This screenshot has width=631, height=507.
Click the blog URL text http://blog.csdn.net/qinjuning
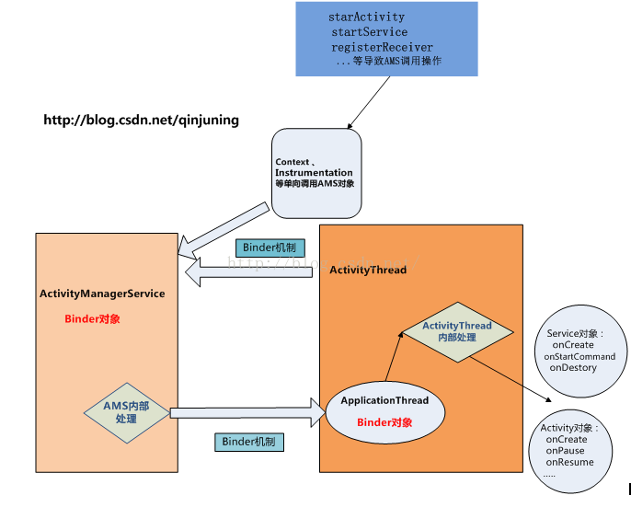point(141,120)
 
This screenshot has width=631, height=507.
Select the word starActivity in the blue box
point(366,17)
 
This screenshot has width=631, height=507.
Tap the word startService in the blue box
point(369,32)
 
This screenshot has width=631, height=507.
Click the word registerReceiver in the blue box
point(382,47)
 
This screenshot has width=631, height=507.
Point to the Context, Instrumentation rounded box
point(315,173)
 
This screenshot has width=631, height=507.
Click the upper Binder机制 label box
point(268,248)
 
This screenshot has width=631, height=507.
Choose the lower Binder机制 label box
point(249,442)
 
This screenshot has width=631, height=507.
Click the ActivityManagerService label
point(102,294)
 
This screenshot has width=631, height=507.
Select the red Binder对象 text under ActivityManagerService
point(92,319)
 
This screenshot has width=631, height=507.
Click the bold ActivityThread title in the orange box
point(368,271)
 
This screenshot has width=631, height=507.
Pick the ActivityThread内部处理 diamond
point(456,332)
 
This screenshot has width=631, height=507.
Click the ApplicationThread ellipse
point(384,409)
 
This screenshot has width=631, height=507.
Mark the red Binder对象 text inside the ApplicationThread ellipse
point(384,422)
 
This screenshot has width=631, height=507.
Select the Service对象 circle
point(579,350)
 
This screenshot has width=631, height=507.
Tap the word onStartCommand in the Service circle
point(579,356)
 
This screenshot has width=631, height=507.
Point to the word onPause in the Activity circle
point(565,451)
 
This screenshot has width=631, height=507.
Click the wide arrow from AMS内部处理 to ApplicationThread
point(248,412)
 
